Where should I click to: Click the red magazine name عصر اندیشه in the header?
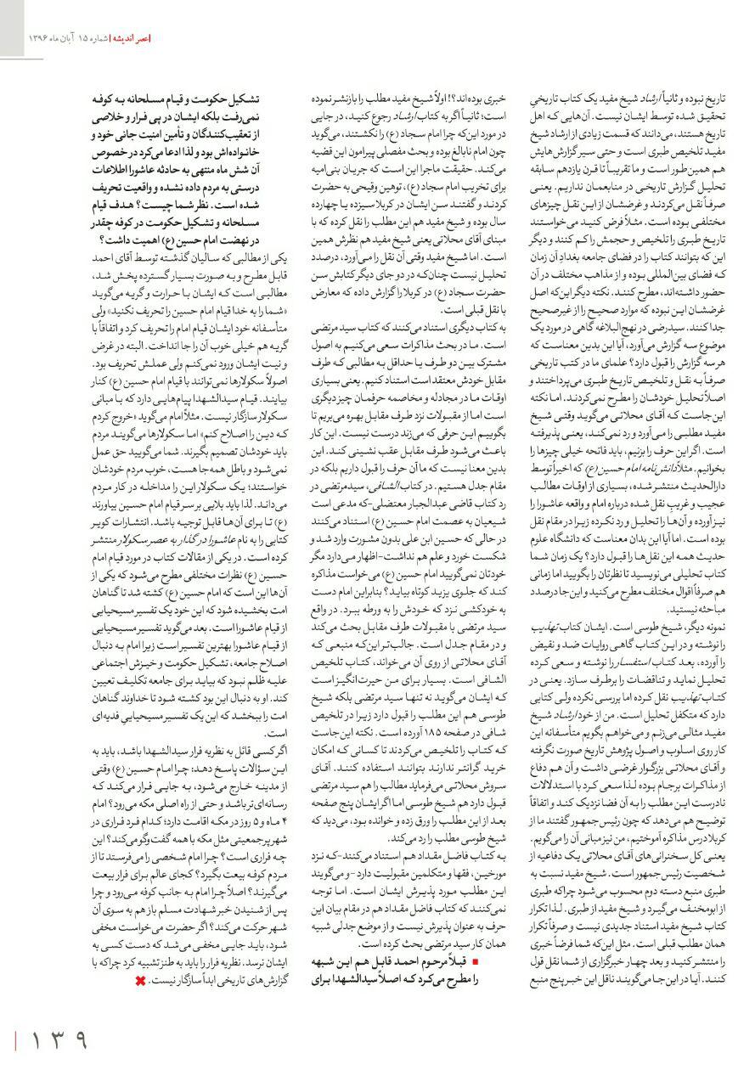[130, 38]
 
